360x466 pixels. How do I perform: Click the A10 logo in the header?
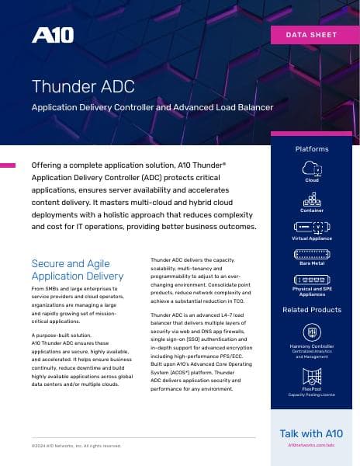(51, 36)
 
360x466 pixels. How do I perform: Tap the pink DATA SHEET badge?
(312, 34)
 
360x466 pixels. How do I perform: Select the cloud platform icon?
(311, 169)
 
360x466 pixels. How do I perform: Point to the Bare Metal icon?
(311, 253)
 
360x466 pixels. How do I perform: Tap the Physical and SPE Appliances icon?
(311, 279)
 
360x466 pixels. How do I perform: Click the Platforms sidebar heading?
(311, 148)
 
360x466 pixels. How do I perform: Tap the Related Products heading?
(311, 310)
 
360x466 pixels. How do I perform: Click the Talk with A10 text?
(311, 433)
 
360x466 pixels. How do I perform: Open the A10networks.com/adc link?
(311, 447)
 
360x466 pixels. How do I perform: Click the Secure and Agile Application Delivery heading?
(77, 270)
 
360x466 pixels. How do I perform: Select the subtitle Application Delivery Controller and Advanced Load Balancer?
(152, 107)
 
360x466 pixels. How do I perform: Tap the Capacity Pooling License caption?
(311, 394)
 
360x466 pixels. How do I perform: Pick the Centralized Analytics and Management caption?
(311, 354)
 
